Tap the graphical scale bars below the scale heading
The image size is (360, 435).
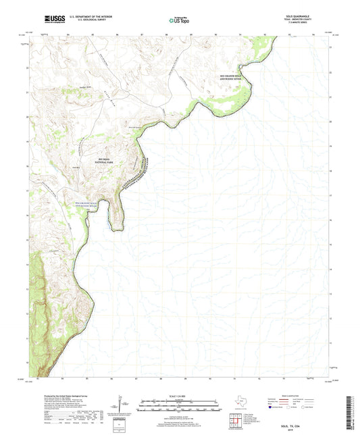[x=180, y=405]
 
